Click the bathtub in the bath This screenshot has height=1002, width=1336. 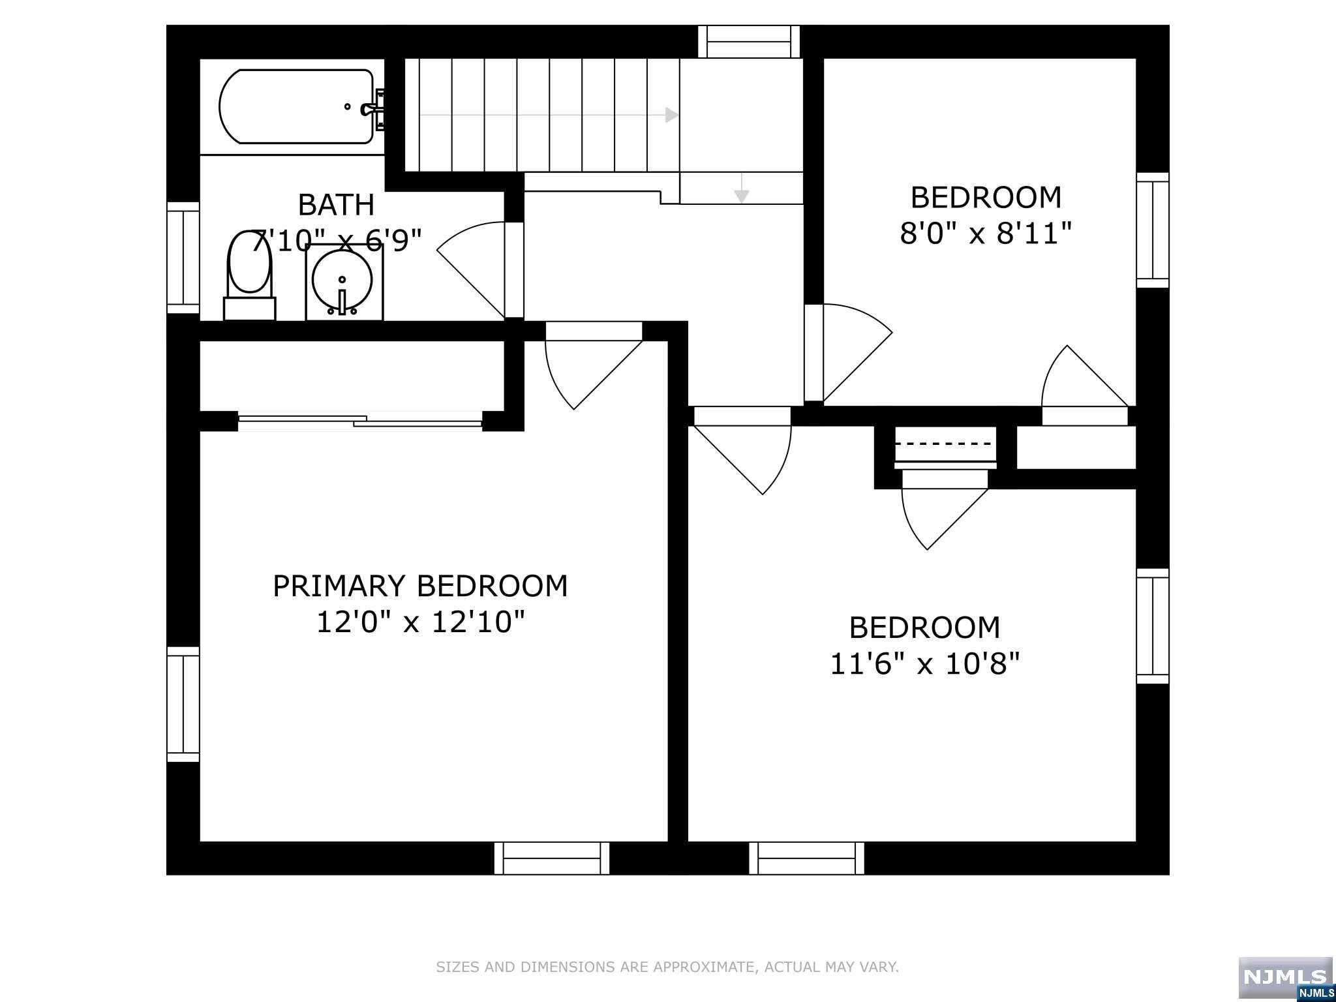(297, 107)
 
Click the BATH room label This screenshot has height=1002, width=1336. (336, 205)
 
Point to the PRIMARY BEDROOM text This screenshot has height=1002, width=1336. (420, 586)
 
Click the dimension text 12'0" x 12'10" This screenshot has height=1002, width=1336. (420, 622)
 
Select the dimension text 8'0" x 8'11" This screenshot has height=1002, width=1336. (986, 234)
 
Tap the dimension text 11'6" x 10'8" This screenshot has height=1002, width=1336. (924, 665)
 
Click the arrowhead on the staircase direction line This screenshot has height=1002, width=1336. (671, 115)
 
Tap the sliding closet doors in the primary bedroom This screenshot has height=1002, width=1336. (360, 421)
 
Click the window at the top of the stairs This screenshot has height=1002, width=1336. (749, 42)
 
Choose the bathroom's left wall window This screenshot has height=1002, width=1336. (183, 258)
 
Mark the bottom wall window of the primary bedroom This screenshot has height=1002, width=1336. (552, 858)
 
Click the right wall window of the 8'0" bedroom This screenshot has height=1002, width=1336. (1153, 230)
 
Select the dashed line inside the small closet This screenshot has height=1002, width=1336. (945, 444)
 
